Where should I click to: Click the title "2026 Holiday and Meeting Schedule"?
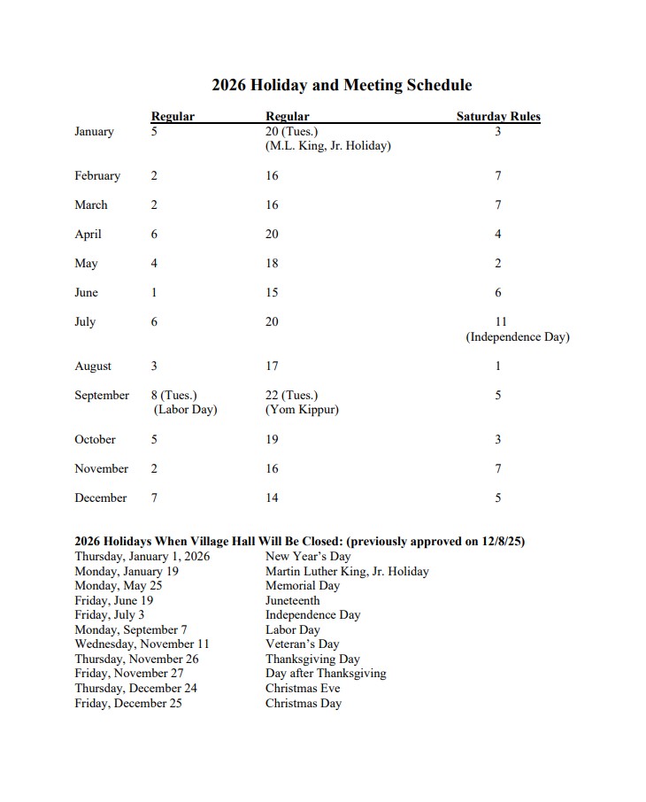[342, 86]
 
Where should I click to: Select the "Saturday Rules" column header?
[498, 116]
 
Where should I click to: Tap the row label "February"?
[97, 175]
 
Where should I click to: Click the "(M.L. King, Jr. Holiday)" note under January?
[327, 146]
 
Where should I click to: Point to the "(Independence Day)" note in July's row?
[518, 337]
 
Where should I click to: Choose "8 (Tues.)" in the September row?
[174, 395]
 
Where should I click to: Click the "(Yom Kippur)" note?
[302, 410]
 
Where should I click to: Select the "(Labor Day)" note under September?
[185, 410]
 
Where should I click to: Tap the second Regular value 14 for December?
[272, 497]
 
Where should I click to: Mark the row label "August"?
[93, 366]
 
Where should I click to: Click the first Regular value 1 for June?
[154, 292]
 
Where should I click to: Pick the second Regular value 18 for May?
[272, 263]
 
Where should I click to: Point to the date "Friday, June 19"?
[114, 600]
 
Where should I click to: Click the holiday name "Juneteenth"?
[293, 600]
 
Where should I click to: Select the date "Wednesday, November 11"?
[142, 644]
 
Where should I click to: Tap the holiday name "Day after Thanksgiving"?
[326, 674]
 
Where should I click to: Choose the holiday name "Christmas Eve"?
[303, 688]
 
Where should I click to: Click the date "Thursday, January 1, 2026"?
[142, 557]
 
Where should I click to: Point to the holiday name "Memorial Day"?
[303, 586]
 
